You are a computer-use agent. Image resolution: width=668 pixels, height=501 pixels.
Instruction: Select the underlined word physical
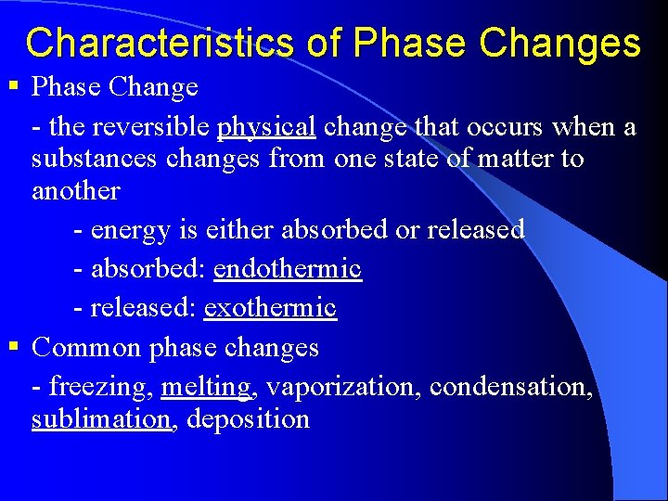[x=266, y=126]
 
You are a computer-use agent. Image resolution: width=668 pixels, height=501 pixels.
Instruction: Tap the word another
[x=76, y=191]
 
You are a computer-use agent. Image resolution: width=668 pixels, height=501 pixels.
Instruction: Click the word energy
[x=131, y=228]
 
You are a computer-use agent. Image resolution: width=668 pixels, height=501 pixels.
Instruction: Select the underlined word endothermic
[x=288, y=268]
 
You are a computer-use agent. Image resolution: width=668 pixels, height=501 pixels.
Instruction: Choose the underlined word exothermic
[x=270, y=307]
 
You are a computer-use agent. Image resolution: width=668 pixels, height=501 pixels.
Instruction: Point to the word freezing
[x=99, y=385]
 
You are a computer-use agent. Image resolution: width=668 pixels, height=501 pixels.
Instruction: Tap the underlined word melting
[x=206, y=385]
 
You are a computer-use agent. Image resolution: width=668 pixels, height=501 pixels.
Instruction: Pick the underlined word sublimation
[x=102, y=419]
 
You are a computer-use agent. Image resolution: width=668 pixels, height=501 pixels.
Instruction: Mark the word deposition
[x=248, y=419]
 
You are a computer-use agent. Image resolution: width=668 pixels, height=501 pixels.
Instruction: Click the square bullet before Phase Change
[x=13, y=87]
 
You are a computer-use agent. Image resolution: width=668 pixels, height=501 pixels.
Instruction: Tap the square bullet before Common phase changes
[x=13, y=348]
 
